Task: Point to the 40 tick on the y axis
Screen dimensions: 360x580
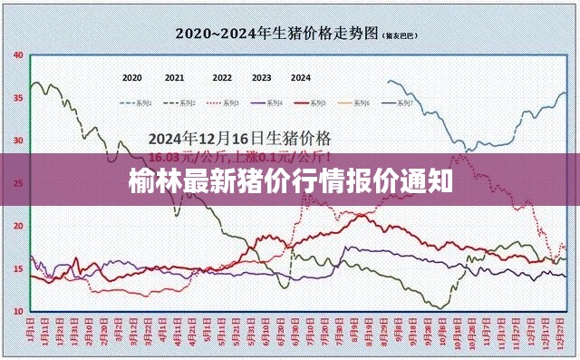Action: click(x=18, y=54)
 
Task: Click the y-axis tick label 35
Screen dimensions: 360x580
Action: click(x=18, y=97)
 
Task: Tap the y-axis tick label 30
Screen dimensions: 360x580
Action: click(x=18, y=141)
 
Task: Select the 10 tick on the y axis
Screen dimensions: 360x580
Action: click(x=18, y=311)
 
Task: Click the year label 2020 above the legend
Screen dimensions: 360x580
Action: click(x=131, y=78)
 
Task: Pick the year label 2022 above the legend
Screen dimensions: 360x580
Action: click(x=222, y=78)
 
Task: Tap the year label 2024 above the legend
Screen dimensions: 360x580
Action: click(x=301, y=78)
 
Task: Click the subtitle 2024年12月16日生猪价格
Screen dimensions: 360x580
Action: click(x=239, y=139)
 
